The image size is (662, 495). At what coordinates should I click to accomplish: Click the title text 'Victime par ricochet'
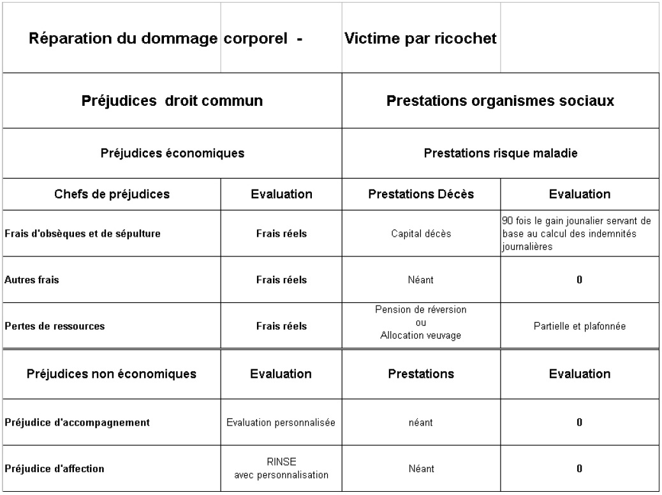pyautogui.click(x=420, y=39)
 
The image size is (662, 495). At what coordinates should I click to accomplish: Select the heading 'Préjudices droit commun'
pyautogui.click(x=172, y=100)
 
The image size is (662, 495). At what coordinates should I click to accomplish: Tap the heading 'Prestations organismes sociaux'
pyautogui.click(x=501, y=100)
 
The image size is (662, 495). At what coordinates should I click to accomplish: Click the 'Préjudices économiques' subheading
pyautogui.click(x=172, y=153)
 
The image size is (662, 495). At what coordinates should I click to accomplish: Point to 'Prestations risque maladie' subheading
pyautogui.click(x=501, y=153)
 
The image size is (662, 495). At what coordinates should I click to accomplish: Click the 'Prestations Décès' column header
pyautogui.click(x=421, y=195)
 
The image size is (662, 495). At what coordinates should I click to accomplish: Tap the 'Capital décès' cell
pyautogui.click(x=421, y=233)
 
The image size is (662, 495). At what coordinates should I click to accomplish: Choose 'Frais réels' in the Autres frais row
pyautogui.click(x=281, y=279)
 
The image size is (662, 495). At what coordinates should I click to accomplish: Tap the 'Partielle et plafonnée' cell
pyautogui.click(x=580, y=326)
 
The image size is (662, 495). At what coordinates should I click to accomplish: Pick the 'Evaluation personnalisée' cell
pyautogui.click(x=281, y=422)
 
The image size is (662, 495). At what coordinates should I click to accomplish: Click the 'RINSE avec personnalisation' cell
pyautogui.click(x=281, y=469)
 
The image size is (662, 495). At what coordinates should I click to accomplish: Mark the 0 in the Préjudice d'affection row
pyautogui.click(x=580, y=469)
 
